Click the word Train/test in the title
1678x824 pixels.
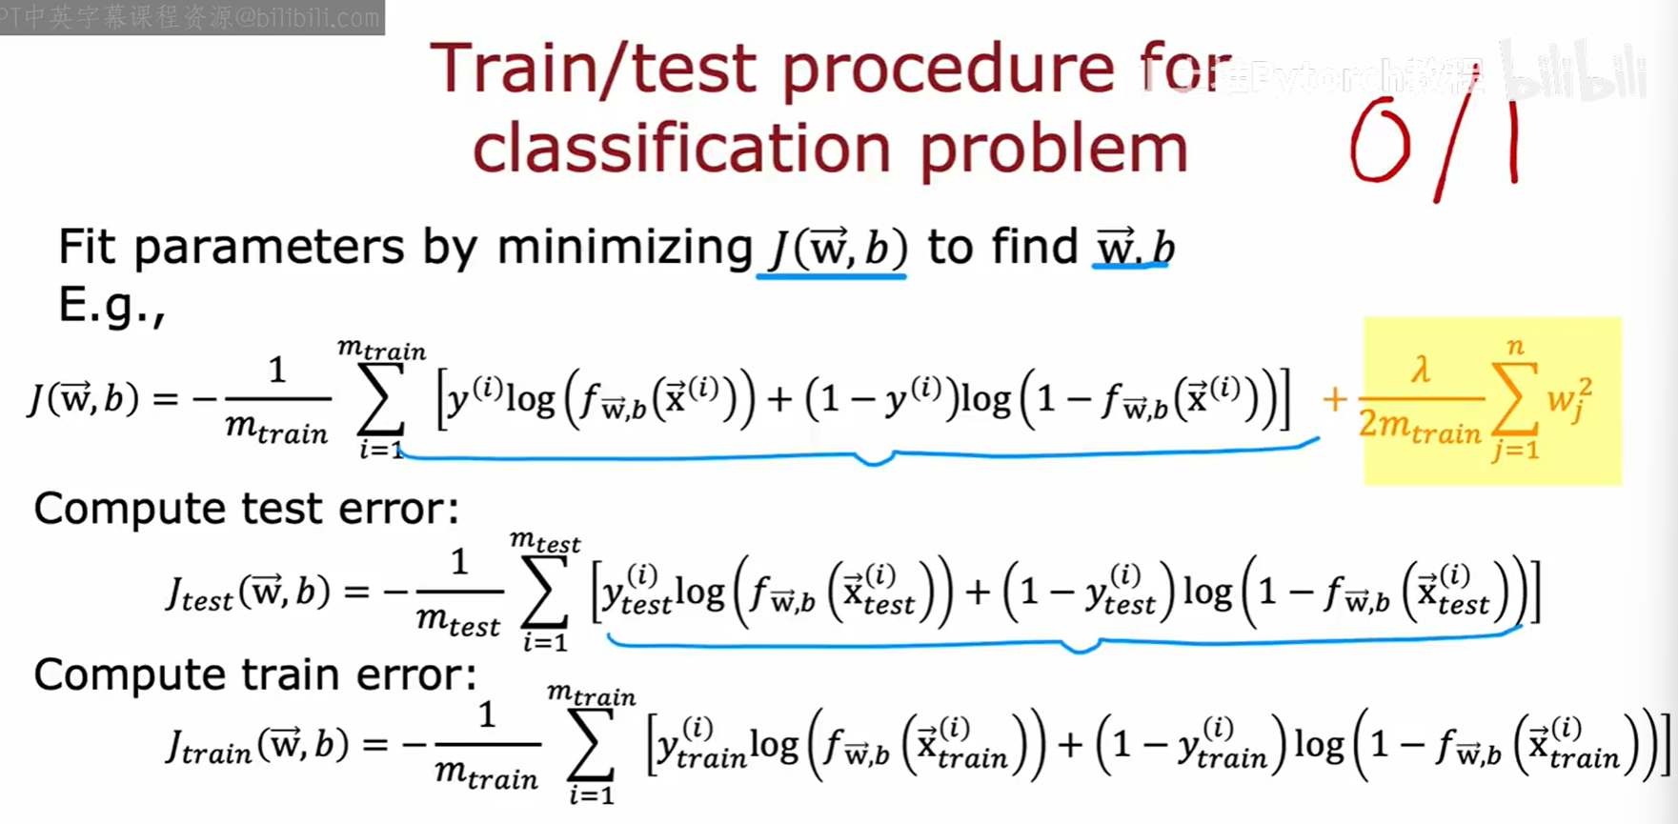[x=594, y=70]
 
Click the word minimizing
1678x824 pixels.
[x=624, y=249]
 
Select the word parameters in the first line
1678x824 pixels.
[x=269, y=249]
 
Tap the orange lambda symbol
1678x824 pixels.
[x=1421, y=368]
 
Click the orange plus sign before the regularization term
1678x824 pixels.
[x=1334, y=399]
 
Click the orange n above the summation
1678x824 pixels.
[x=1515, y=347]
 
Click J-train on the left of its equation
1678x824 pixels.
[x=208, y=747]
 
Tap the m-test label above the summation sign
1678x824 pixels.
[x=544, y=541]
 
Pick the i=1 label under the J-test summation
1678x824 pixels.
[x=544, y=641]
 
